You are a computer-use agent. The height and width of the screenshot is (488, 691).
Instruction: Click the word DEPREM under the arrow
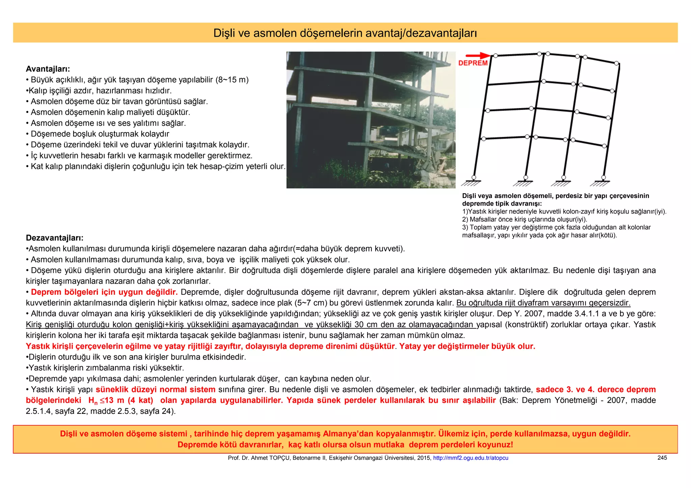(x=473, y=63)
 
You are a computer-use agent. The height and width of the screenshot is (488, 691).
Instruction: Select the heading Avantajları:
(x=48, y=69)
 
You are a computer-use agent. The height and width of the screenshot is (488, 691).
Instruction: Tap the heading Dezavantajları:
(x=55, y=238)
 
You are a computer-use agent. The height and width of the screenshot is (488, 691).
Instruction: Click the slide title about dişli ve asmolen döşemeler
(x=345, y=33)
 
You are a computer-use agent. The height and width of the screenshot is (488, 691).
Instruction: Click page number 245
(x=662, y=458)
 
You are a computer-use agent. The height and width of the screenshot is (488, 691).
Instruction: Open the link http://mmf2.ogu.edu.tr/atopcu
(x=470, y=458)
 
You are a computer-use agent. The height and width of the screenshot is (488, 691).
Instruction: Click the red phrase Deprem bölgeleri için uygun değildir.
(x=104, y=292)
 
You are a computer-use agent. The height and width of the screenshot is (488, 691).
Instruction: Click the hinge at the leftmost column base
(x=474, y=177)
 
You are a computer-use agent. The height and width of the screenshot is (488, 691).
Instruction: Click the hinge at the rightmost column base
(x=604, y=177)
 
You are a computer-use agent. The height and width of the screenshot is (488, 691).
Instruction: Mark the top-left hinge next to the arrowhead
(x=496, y=56)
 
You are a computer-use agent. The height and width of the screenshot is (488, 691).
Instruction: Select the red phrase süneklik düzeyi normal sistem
(x=156, y=390)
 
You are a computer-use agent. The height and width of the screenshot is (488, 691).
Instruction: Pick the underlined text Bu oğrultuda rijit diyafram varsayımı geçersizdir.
(x=543, y=303)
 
